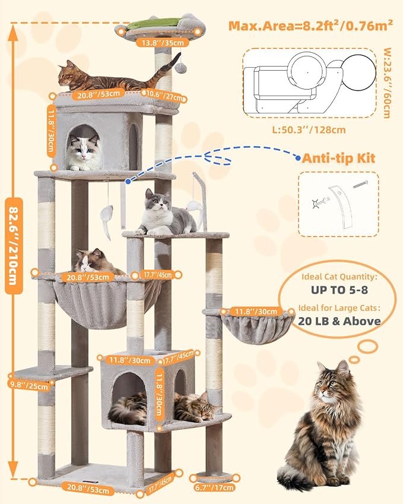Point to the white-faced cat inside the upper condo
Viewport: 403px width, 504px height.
(x=82, y=152)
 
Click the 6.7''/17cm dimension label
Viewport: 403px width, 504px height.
(x=215, y=487)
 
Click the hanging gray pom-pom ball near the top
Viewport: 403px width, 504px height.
(x=181, y=69)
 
